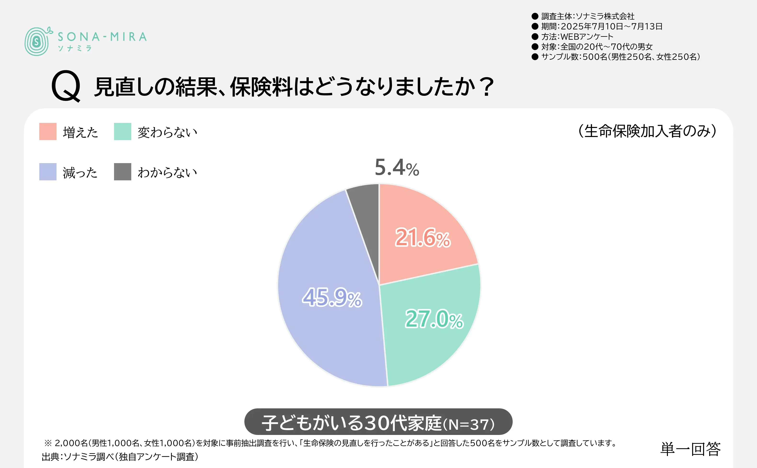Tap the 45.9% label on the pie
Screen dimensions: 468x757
click(x=332, y=298)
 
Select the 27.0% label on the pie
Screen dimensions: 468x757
click(x=434, y=319)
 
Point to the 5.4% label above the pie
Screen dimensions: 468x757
click(x=397, y=167)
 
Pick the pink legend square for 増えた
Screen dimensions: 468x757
click(x=48, y=131)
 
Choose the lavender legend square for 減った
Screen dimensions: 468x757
click(x=48, y=172)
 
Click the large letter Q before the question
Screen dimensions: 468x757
click(x=66, y=86)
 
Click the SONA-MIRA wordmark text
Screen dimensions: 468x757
click(x=102, y=37)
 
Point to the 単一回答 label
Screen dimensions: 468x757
click(x=690, y=449)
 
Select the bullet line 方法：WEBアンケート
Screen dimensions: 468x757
click(x=577, y=36)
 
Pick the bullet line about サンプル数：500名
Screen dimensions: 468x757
click(x=620, y=57)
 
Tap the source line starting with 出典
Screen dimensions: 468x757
click(x=120, y=457)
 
